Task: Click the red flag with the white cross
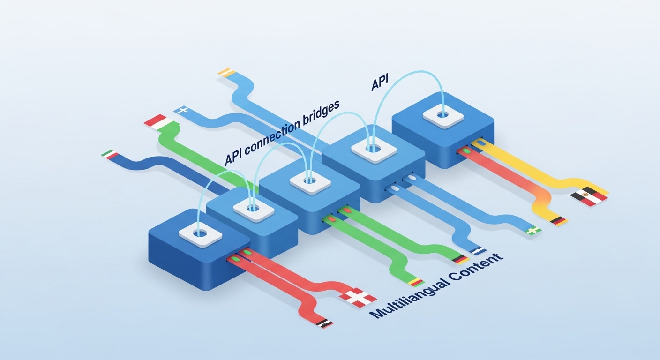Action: (358, 297)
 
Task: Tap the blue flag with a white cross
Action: (181, 111)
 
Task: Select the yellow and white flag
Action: (225, 72)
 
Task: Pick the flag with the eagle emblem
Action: (589, 196)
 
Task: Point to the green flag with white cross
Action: (533, 230)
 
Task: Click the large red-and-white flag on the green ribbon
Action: (156, 120)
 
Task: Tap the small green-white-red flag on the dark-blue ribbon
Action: (109, 155)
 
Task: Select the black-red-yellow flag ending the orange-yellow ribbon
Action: (558, 220)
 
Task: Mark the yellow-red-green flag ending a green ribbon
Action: (416, 282)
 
